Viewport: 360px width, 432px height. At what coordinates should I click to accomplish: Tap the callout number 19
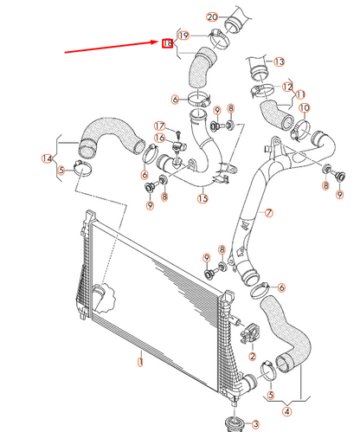pyautogui.click(x=183, y=35)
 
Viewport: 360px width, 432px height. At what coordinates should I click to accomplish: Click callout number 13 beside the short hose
pyautogui.click(x=279, y=62)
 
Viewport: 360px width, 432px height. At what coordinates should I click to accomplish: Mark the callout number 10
pyautogui.click(x=304, y=108)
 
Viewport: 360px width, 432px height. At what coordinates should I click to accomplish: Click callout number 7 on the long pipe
pyautogui.click(x=268, y=212)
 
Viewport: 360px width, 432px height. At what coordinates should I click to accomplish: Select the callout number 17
pyautogui.click(x=159, y=126)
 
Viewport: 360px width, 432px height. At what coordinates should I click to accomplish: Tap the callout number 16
pyautogui.click(x=159, y=139)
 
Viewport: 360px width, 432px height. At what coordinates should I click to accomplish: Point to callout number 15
pyautogui.click(x=202, y=198)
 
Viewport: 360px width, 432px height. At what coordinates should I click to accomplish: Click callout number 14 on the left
pyautogui.click(x=47, y=158)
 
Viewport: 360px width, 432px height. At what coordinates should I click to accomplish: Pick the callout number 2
pyautogui.click(x=252, y=356)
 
